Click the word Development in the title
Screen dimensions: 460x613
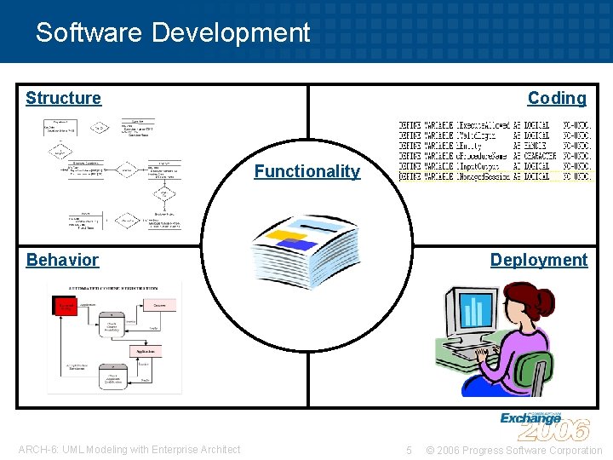coord(232,33)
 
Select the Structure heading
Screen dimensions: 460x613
coord(63,98)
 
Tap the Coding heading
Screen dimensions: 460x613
coord(557,98)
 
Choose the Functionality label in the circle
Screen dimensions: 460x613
coord(306,171)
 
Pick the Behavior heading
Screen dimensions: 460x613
coord(62,260)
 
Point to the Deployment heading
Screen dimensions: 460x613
coord(539,260)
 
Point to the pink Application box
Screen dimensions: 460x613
coord(145,350)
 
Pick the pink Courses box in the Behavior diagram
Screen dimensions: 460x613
coord(159,305)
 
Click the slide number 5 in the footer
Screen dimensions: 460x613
coord(409,450)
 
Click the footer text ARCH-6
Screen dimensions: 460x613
coord(37,450)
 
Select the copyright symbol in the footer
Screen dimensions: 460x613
coord(431,450)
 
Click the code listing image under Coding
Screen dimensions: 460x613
coord(495,151)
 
